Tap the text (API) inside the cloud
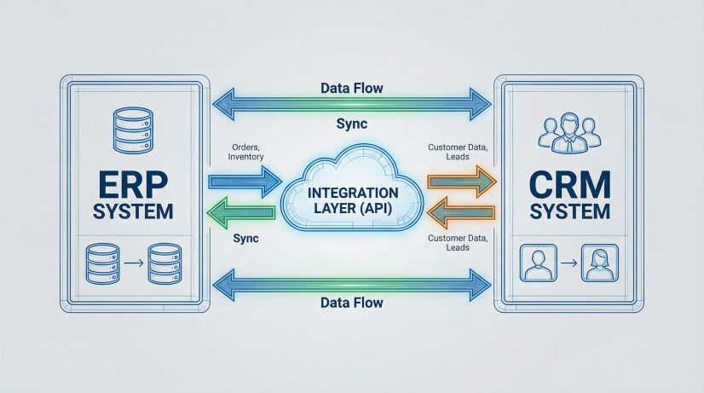point(372,210)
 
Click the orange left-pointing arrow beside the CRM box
point(461,211)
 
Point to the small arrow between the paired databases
point(130,264)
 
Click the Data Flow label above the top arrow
point(351,88)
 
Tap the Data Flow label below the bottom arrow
point(351,303)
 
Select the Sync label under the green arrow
point(246,239)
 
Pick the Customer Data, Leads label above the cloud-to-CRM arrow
point(457,152)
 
